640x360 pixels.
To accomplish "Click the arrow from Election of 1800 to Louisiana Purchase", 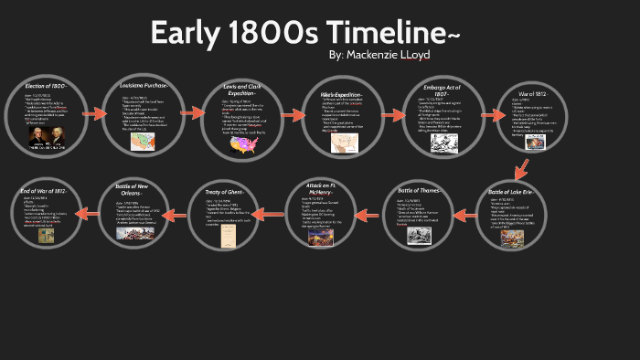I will coord(95,115).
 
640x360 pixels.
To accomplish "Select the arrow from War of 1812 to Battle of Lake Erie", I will coord(520,169).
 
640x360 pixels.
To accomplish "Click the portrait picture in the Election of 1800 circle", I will coord(46,138).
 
